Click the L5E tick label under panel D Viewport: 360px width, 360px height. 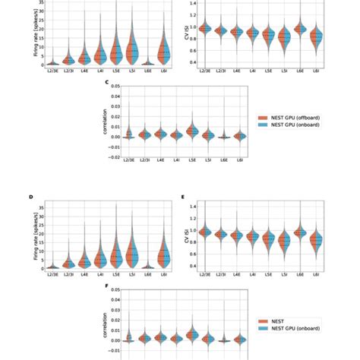(x=115, y=276)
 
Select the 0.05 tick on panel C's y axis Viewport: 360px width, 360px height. (x=115, y=86)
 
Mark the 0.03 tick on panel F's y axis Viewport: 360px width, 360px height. (x=115, y=310)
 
